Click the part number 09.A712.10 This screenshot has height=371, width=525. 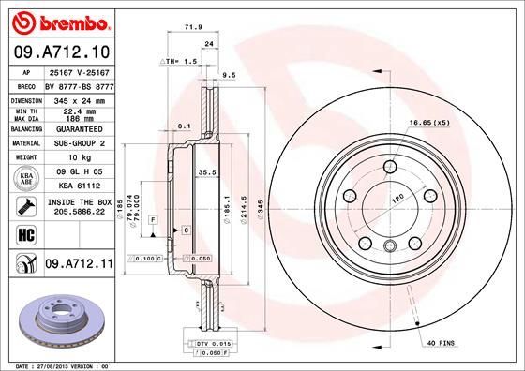(59, 52)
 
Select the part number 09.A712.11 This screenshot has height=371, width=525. (78, 265)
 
